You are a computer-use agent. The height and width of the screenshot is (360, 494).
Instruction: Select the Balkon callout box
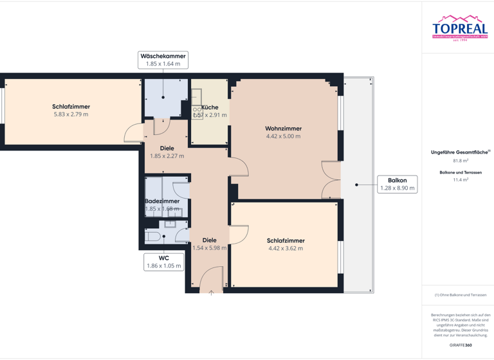pos(398,184)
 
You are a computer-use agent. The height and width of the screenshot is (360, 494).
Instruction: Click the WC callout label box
pos(163,261)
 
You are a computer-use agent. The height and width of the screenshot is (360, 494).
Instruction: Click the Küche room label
pos(210,107)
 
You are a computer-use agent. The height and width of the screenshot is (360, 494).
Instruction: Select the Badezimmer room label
pos(162,201)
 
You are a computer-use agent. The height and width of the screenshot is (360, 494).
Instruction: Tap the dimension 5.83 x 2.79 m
pos(71,114)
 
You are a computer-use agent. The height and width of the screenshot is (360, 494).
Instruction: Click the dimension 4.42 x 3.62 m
pos(286,248)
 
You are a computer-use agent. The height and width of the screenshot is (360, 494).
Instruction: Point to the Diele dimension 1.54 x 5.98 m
pos(210,248)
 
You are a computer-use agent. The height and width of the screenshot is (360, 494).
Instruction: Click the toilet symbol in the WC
pos(153,237)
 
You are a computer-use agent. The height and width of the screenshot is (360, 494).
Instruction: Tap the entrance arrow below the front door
pos(211,292)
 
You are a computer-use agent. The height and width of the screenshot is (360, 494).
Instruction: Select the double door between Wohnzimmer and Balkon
pos(331,180)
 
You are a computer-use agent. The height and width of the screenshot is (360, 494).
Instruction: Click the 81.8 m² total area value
pos(461,161)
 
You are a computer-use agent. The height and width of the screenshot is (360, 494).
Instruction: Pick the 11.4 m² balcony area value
pos(461,180)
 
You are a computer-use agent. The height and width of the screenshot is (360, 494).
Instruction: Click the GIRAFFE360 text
pos(461,345)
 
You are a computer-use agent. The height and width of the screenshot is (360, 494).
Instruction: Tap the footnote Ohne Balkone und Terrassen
pos(461,294)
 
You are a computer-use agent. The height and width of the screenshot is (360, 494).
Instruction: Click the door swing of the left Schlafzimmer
pos(133,133)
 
